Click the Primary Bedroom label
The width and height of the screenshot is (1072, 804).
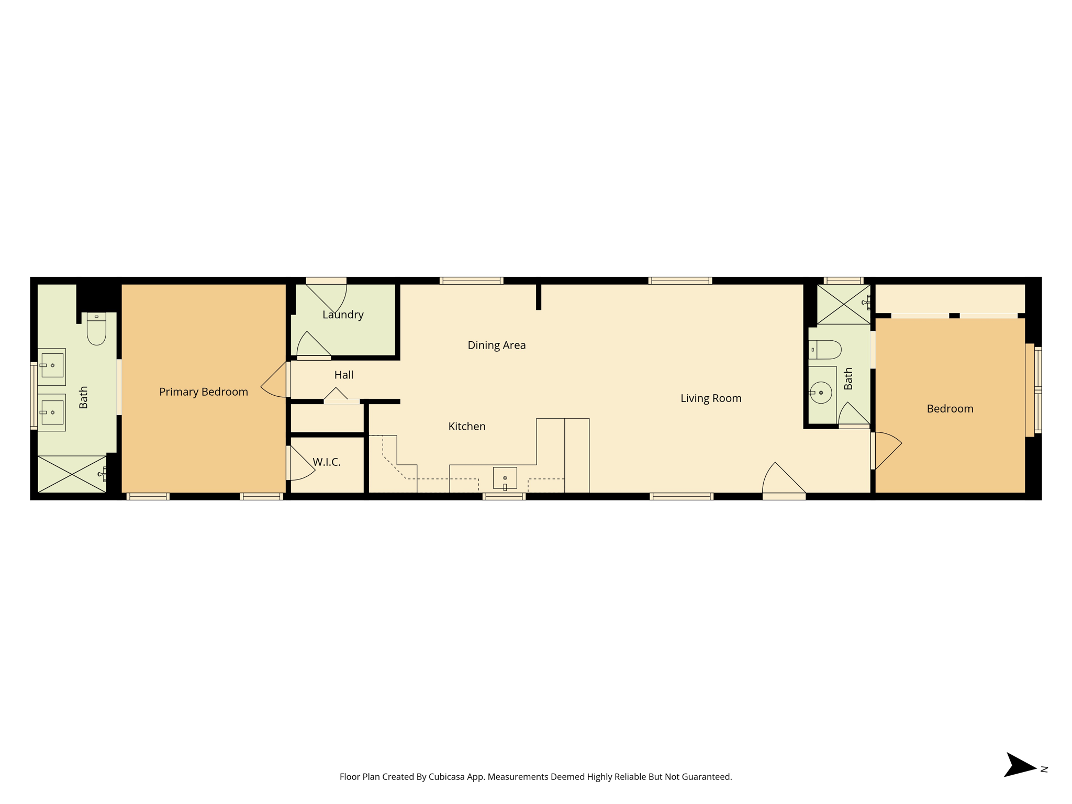click(x=204, y=392)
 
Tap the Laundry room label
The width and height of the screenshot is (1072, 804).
click(x=343, y=315)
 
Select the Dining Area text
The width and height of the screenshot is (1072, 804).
click(x=497, y=345)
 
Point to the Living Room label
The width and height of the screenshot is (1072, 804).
click(x=711, y=398)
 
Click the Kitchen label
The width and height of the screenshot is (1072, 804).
click(x=467, y=427)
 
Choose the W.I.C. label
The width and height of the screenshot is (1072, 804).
click(x=327, y=462)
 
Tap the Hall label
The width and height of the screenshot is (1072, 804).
click(x=344, y=375)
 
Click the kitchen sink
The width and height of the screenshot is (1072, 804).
click(x=505, y=478)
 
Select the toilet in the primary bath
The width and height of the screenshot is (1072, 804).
click(x=96, y=329)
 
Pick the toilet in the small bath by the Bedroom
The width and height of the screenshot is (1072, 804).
click(x=825, y=350)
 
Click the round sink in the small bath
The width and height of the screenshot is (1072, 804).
click(x=821, y=393)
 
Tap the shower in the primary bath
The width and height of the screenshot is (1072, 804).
click(x=72, y=474)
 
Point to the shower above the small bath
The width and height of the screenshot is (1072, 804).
click(x=844, y=304)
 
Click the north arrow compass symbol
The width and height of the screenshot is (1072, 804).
click(x=1020, y=765)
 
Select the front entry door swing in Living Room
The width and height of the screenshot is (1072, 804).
click(x=783, y=478)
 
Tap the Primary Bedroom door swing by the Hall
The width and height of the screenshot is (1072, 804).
click(x=274, y=379)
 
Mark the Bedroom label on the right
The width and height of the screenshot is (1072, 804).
click(x=950, y=409)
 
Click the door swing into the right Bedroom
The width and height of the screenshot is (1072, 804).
click(x=888, y=451)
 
